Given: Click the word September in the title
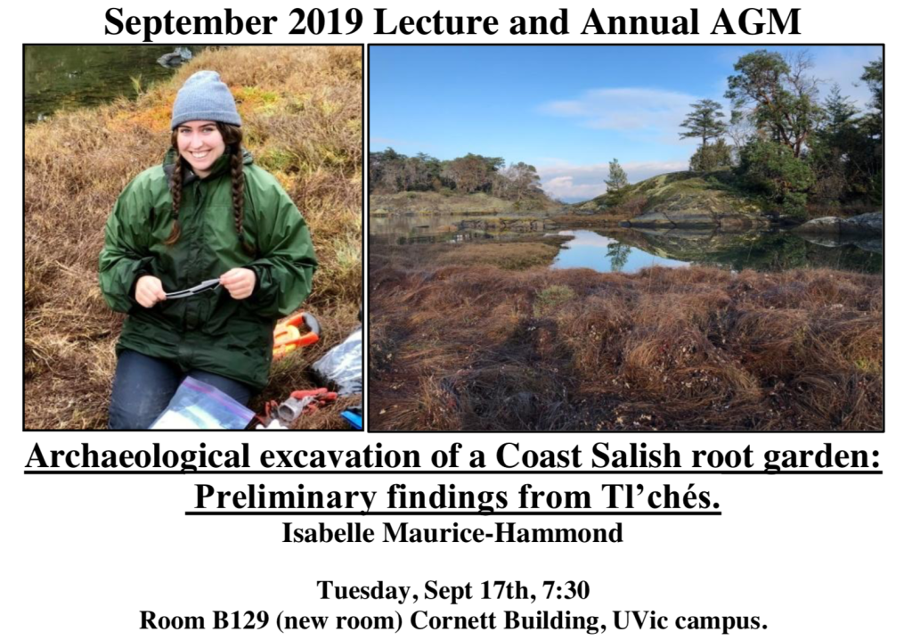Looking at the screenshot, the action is click(191, 22).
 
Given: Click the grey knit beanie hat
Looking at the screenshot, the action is click(206, 100).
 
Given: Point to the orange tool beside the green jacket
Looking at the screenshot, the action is click(296, 332).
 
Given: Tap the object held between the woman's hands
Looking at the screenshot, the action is click(192, 288).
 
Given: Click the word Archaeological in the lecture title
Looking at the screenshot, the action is click(137, 457).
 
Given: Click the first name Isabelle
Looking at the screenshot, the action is click(328, 533).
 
